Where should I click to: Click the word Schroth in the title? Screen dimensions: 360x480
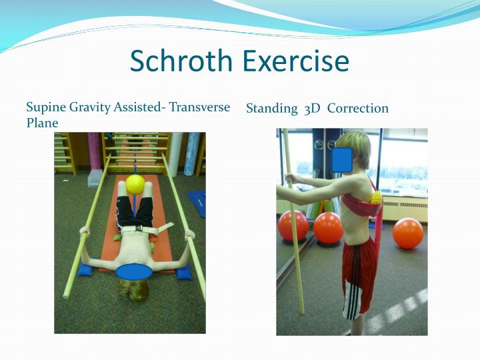[x=182, y=61]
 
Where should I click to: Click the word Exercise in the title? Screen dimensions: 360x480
[x=295, y=61]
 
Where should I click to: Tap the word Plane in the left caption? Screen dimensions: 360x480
[x=42, y=123]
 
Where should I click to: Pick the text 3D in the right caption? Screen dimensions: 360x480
[x=312, y=109]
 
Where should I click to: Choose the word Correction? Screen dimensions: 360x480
[x=358, y=108]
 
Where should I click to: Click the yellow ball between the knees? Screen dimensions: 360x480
[x=135, y=184]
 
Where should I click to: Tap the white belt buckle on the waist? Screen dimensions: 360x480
[x=141, y=229]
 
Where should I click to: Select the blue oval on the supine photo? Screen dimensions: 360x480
[x=133, y=271]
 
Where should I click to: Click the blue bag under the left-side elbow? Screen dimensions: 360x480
[x=85, y=269]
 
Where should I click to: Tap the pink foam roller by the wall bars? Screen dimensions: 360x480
[x=94, y=150]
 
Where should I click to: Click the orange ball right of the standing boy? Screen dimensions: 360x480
[x=407, y=233]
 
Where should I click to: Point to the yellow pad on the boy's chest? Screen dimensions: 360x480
[x=375, y=196]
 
